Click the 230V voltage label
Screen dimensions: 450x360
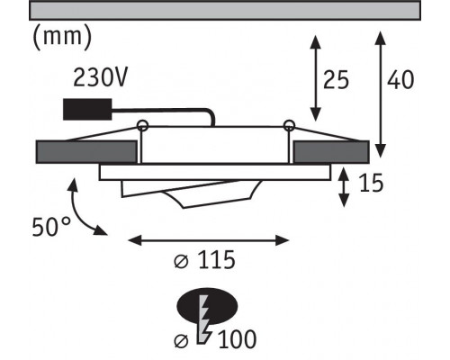(100, 77)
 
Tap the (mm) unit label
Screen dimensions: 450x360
(62, 37)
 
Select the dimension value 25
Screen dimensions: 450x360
(336, 80)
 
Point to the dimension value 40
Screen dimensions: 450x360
(400, 80)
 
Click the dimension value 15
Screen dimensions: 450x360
(372, 183)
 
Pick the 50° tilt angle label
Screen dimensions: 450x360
(51, 227)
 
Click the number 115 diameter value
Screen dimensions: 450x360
(217, 260)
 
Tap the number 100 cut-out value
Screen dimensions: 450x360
(237, 339)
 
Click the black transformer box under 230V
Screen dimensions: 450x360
(87, 110)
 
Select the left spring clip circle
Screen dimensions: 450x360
(142, 125)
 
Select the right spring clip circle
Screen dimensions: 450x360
(289, 125)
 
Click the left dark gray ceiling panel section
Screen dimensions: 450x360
(86, 152)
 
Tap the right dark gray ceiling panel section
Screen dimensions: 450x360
(331, 152)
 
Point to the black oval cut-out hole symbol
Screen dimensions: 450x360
(208, 306)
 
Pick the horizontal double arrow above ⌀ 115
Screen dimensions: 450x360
(209, 240)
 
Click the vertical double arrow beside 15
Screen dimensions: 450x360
(344, 187)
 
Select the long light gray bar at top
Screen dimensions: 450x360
(225, 11)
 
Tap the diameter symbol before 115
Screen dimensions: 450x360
(181, 262)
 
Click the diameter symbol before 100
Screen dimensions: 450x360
(181, 341)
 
